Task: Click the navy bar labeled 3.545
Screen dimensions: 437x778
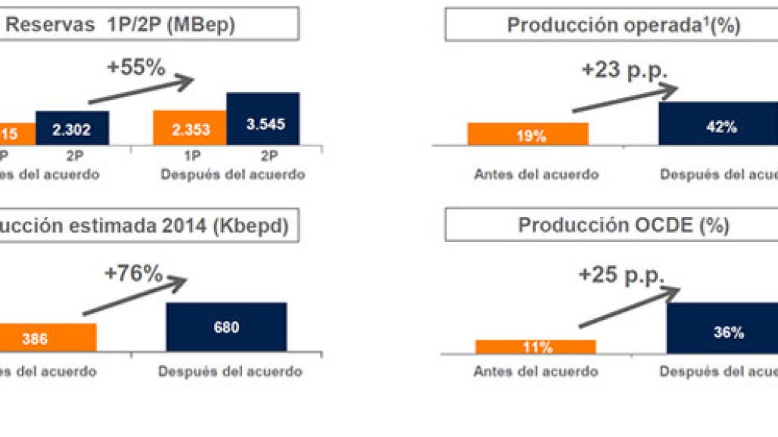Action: pyautogui.click(x=263, y=119)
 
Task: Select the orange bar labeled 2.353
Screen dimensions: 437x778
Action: pyautogui.click(x=189, y=128)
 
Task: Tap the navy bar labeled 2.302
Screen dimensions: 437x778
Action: pyautogui.click(x=72, y=129)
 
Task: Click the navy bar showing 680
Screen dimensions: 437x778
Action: pyautogui.click(x=226, y=327)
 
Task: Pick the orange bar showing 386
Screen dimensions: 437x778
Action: pyautogui.click(x=45, y=338)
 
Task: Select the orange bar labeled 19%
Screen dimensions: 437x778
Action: pyautogui.click(x=527, y=134)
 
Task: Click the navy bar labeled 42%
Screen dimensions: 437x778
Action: pyautogui.click(x=717, y=124)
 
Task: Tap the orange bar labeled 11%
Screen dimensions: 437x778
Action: pyautogui.click(x=535, y=347)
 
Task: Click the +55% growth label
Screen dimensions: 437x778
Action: pyautogui.click(x=135, y=67)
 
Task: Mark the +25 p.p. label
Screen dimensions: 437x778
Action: pyautogui.click(x=621, y=274)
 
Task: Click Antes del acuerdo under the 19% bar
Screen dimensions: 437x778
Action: pyautogui.click(x=537, y=175)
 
